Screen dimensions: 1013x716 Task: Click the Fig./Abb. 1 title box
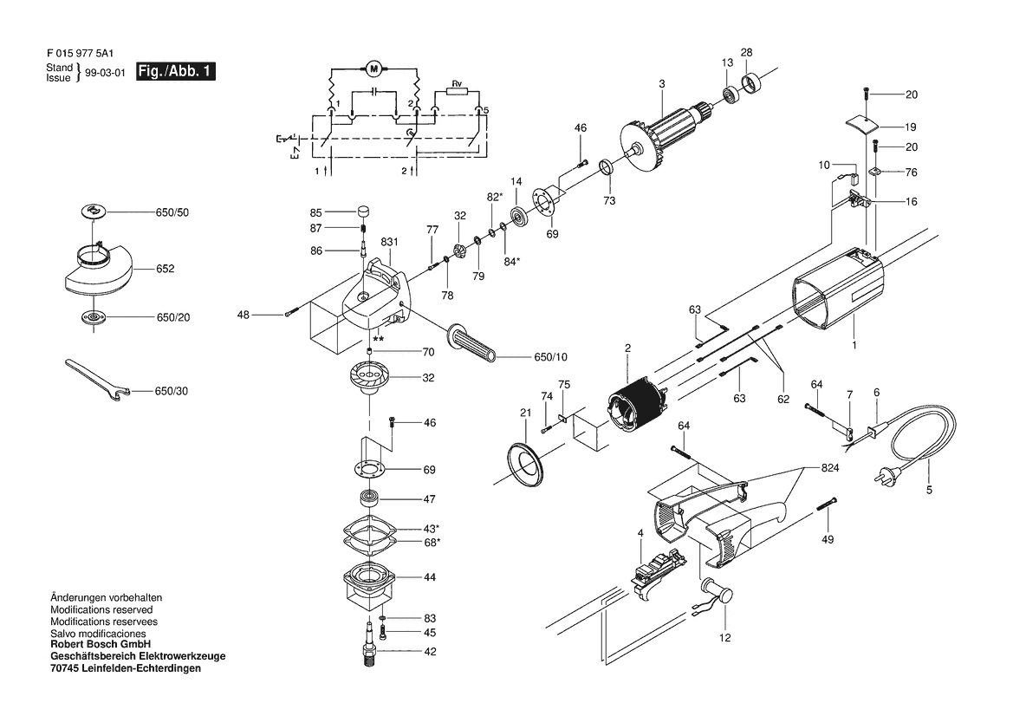pos(176,71)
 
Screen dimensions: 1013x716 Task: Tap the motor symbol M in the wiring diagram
pos(373,68)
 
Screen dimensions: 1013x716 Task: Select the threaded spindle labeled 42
pos(371,645)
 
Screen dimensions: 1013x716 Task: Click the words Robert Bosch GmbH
pos(101,644)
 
